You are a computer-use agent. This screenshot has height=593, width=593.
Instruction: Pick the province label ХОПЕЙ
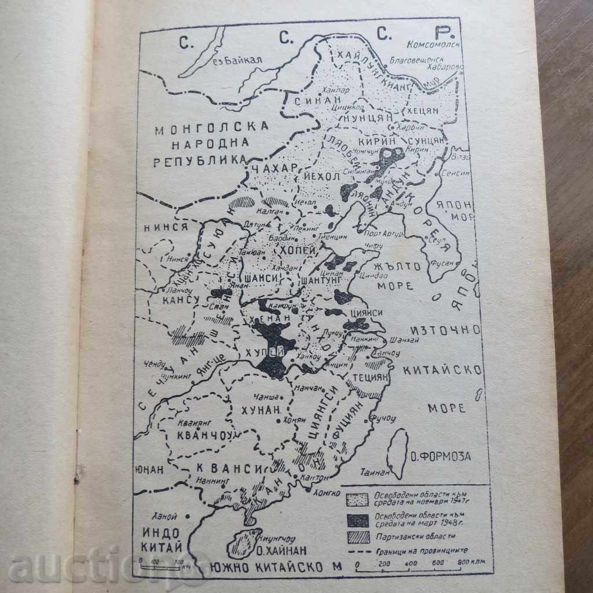297,251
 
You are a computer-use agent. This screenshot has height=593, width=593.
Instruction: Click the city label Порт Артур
380,233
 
